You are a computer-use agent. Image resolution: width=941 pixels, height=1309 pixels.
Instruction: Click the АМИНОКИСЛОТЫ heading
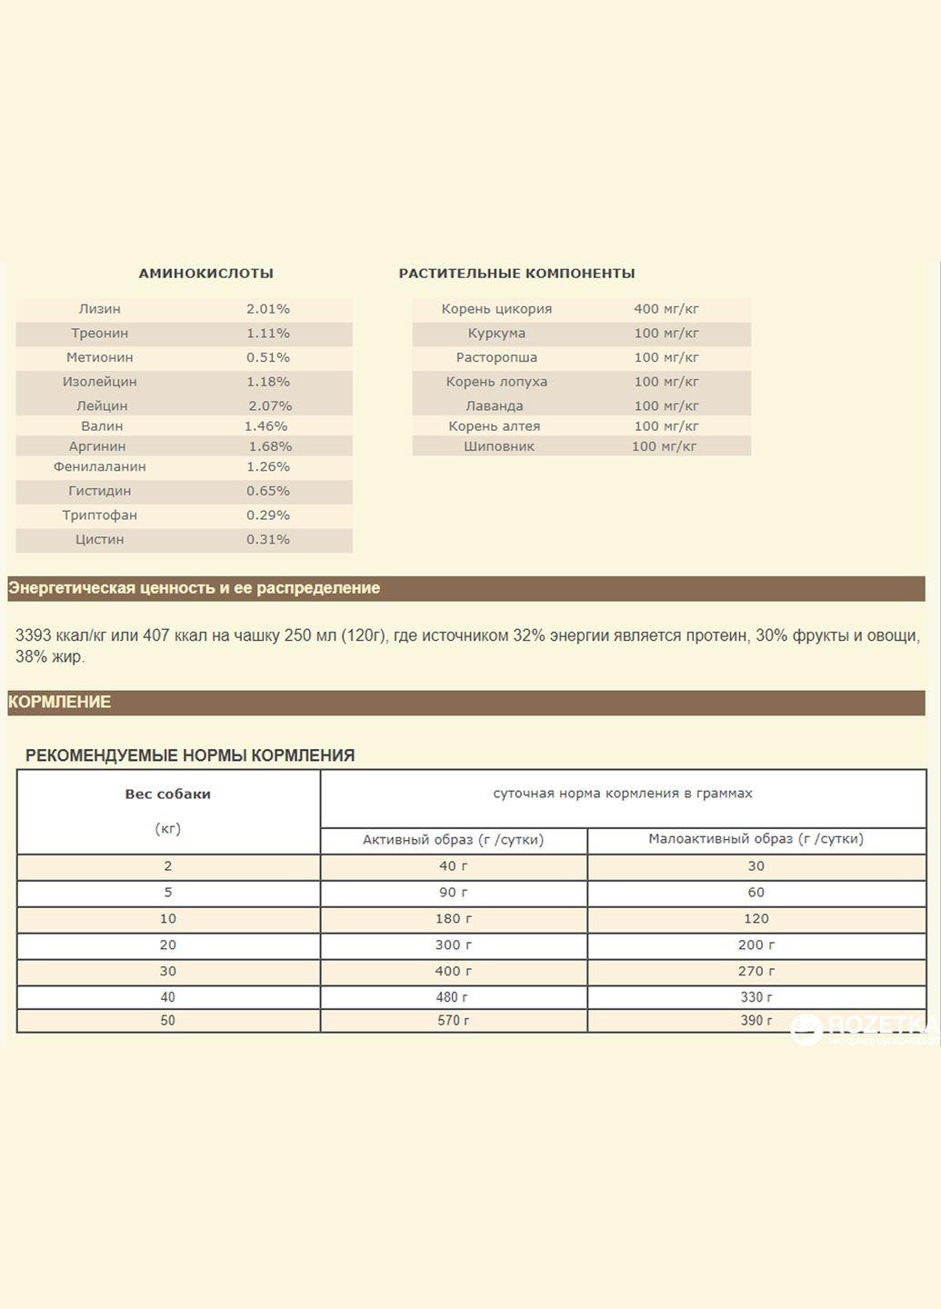point(205,273)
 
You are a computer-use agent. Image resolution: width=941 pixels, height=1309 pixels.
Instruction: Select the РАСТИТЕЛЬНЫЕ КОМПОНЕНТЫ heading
point(516,273)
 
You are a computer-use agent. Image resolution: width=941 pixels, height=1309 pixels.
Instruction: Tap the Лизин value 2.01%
point(267,309)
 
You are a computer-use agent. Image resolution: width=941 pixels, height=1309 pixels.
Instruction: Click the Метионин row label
point(99,357)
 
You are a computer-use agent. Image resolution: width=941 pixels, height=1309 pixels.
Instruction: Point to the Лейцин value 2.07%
point(269,405)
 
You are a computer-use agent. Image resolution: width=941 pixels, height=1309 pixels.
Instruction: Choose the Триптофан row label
point(99,515)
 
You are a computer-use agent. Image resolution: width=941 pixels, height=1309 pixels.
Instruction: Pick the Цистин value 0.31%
point(267,539)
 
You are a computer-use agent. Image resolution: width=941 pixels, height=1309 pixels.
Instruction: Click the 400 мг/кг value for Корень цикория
point(666,309)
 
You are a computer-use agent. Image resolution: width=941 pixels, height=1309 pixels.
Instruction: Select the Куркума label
point(496,334)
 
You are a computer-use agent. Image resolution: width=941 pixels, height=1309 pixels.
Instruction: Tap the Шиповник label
point(498,446)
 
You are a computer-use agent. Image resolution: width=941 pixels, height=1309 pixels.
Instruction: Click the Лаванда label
point(494,405)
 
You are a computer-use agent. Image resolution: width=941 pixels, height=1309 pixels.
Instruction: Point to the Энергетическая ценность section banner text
point(194,588)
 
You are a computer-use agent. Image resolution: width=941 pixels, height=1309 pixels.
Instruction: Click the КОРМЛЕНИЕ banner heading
point(59,702)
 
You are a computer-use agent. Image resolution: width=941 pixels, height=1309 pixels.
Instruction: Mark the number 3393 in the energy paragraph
point(34,635)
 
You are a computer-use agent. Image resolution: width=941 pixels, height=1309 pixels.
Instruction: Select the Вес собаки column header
point(167,794)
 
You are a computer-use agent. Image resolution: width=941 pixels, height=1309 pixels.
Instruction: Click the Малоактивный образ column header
point(756,839)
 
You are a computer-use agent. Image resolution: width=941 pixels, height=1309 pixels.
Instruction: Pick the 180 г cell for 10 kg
point(453,919)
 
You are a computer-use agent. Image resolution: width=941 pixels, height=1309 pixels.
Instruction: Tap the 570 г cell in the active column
point(453,1021)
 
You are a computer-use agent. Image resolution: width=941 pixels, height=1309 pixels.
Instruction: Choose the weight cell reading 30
point(167,971)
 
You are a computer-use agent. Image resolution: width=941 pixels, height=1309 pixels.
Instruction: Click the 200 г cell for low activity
point(756,945)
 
